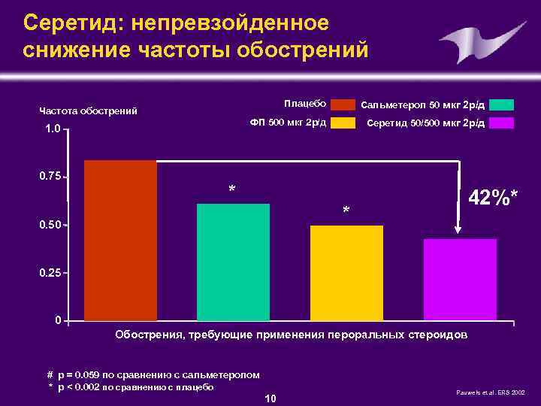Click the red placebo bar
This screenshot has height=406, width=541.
click(120, 241)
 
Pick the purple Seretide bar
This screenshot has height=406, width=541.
click(460, 280)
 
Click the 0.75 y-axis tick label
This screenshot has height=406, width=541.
click(50, 177)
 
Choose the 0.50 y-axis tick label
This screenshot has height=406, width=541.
click(50, 225)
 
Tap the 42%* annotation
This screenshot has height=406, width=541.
click(493, 198)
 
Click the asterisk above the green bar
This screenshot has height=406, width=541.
click(232, 189)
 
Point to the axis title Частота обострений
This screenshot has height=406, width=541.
click(88, 111)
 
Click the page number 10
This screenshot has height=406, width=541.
click(270, 397)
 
